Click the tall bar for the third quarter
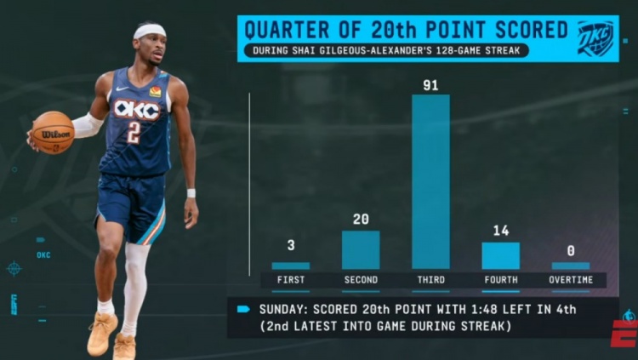(430, 183)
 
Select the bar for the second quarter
(361, 249)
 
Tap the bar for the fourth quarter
(500, 255)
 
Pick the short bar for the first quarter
(290, 266)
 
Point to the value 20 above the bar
(361, 220)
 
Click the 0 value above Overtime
(570, 251)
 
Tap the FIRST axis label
(290, 280)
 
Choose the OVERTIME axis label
(570, 280)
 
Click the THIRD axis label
(430, 280)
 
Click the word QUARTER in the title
(285, 30)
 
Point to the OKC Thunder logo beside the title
(595, 37)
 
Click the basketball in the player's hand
(52, 132)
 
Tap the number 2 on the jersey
(134, 132)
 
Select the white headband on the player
(150, 31)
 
